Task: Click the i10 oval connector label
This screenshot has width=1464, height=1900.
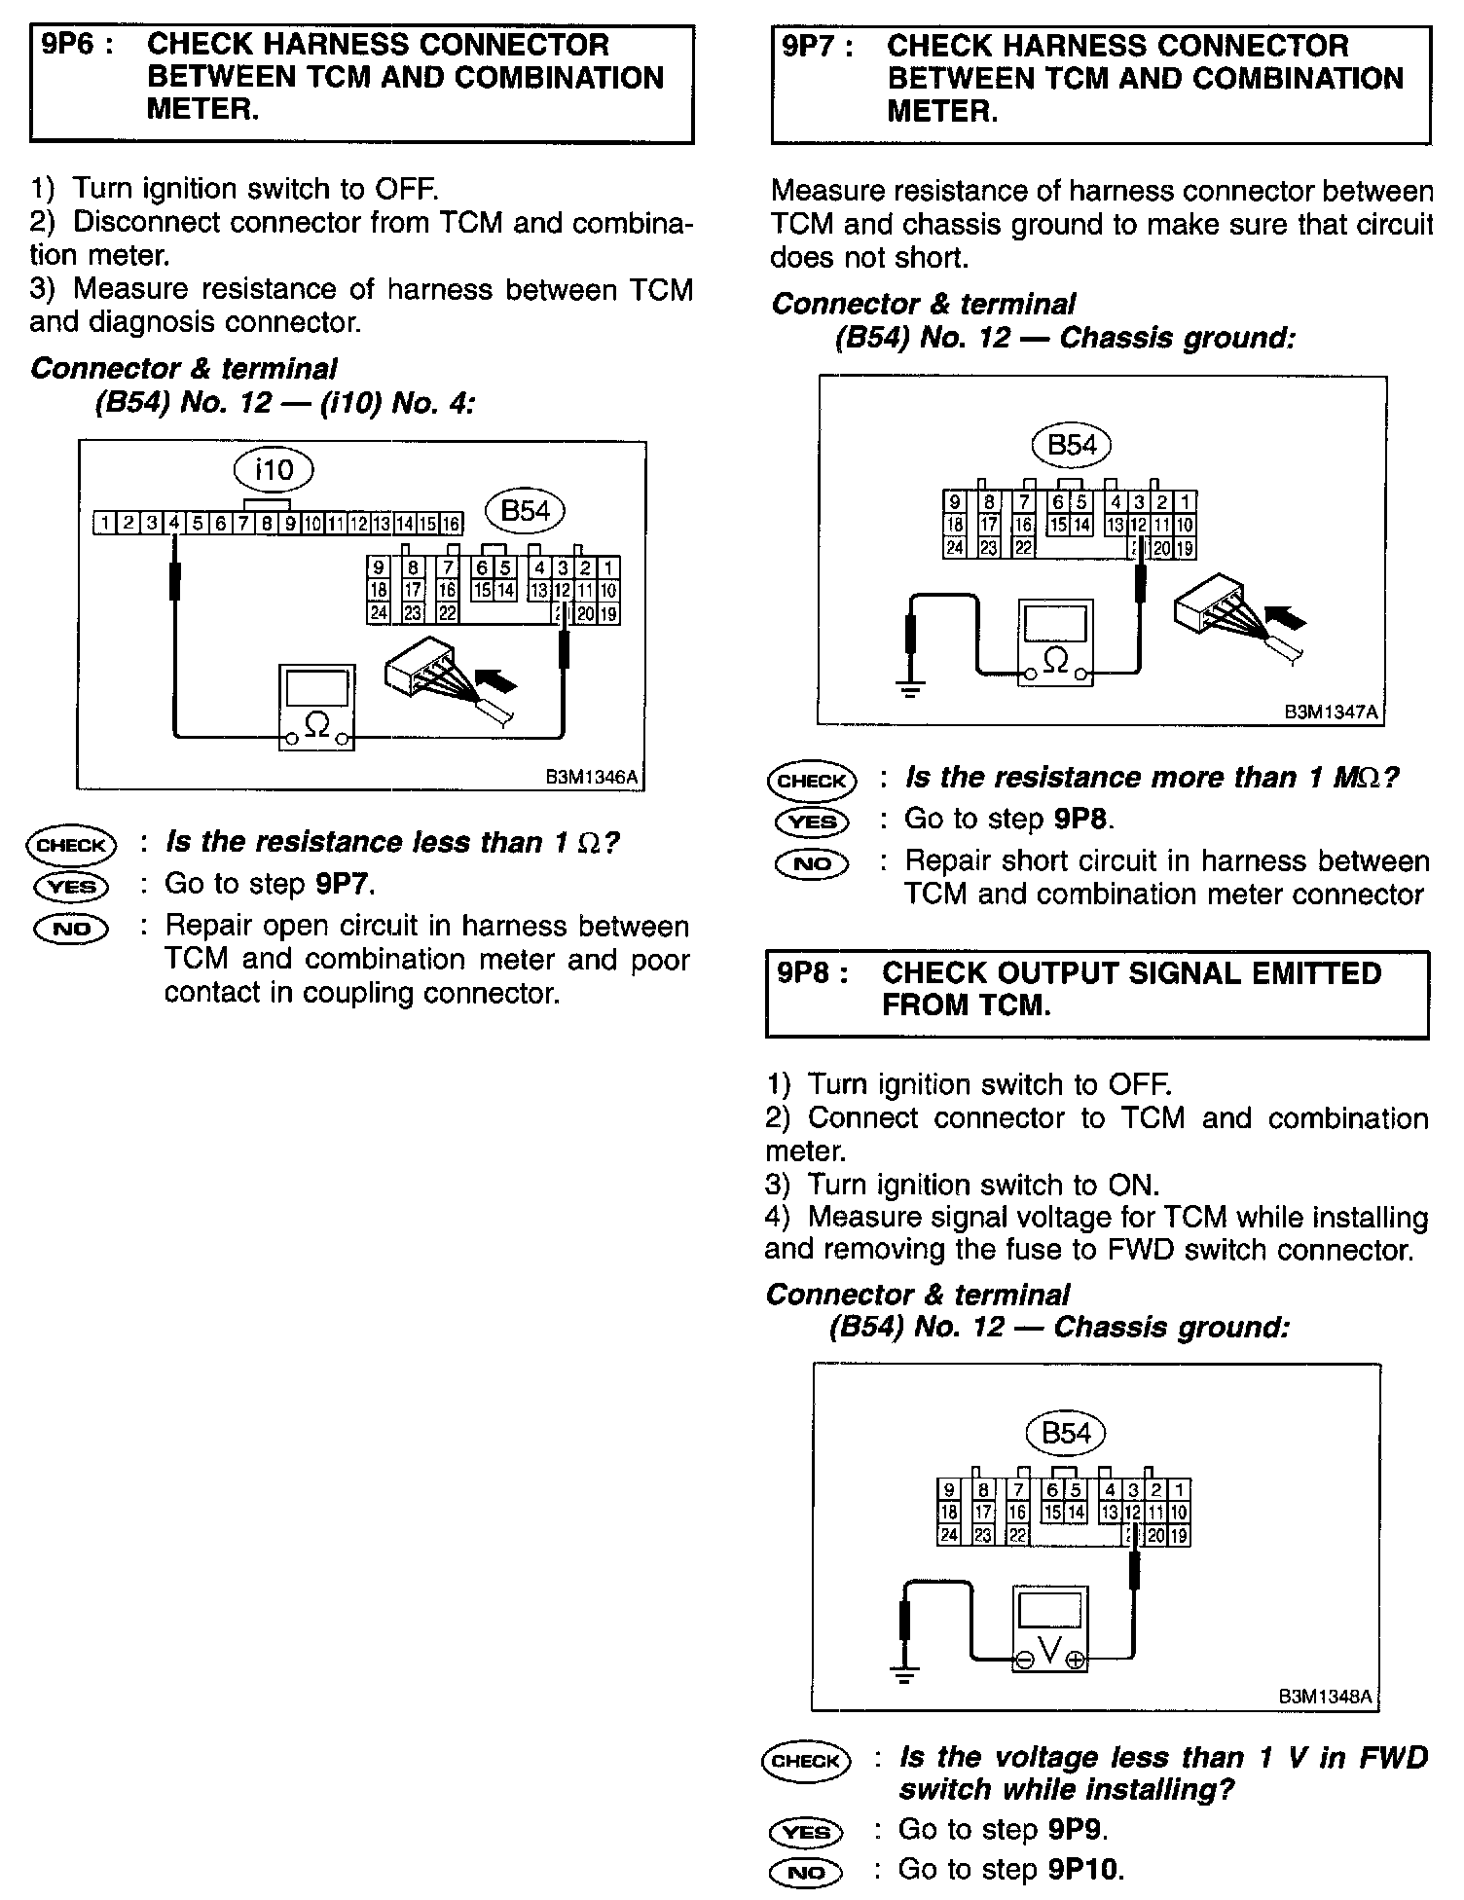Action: click(x=274, y=470)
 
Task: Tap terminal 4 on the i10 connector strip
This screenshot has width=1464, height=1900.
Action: click(x=173, y=524)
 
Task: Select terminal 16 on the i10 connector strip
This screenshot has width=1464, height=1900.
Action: click(x=451, y=524)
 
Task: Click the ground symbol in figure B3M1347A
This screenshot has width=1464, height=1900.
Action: click(x=910, y=692)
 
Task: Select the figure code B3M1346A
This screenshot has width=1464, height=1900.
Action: click(x=592, y=777)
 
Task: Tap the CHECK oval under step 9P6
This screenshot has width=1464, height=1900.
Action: click(x=71, y=845)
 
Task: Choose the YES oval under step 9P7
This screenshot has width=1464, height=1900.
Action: click(x=812, y=822)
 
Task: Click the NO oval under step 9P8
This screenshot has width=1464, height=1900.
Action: click(x=806, y=1871)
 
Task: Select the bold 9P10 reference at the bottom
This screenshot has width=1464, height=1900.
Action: click(x=1085, y=1870)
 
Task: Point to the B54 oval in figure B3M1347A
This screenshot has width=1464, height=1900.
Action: click(x=1071, y=446)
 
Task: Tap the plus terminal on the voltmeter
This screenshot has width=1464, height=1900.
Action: click(x=1075, y=1661)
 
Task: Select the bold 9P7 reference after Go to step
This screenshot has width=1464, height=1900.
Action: click(x=344, y=884)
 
